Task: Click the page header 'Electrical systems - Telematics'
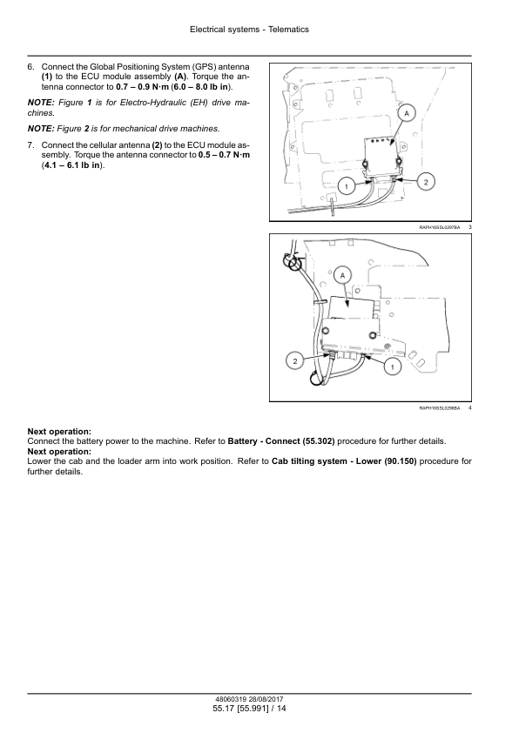pyautogui.click(x=249, y=30)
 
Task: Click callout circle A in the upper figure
pyautogui.click(x=407, y=113)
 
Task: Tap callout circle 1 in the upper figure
pyautogui.click(x=347, y=187)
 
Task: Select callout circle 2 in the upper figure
pyautogui.click(x=426, y=182)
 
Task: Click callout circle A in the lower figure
pyautogui.click(x=343, y=276)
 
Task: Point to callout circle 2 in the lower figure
pyautogui.click(x=294, y=361)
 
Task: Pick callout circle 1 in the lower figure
pyautogui.click(x=392, y=366)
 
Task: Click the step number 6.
pyautogui.click(x=30, y=67)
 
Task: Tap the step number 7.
pyautogui.click(x=30, y=145)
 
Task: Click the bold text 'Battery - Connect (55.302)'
pyautogui.click(x=281, y=441)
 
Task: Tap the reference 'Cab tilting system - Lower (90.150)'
pyautogui.click(x=344, y=461)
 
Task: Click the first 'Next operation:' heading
pyautogui.click(x=59, y=432)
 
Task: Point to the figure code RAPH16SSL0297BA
pyautogui.click(x=440, y=227)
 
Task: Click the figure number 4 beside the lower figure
pyautogui.click(x=469, y=407)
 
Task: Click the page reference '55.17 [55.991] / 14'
pyautogui.click(x=249, y=709)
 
